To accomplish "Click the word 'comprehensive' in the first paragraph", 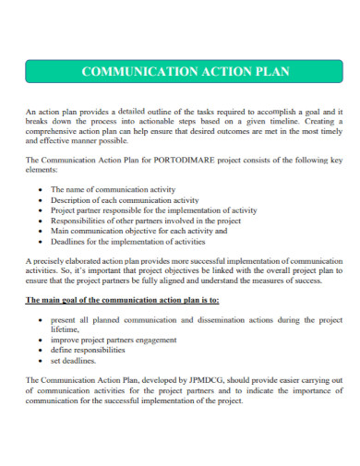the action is click(x=54, y=131).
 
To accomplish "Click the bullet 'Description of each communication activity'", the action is click(x=125, y=199).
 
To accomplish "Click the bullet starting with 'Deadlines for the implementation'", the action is click(x=127, y=242).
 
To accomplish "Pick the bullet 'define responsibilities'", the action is click(x=88, y=351).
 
